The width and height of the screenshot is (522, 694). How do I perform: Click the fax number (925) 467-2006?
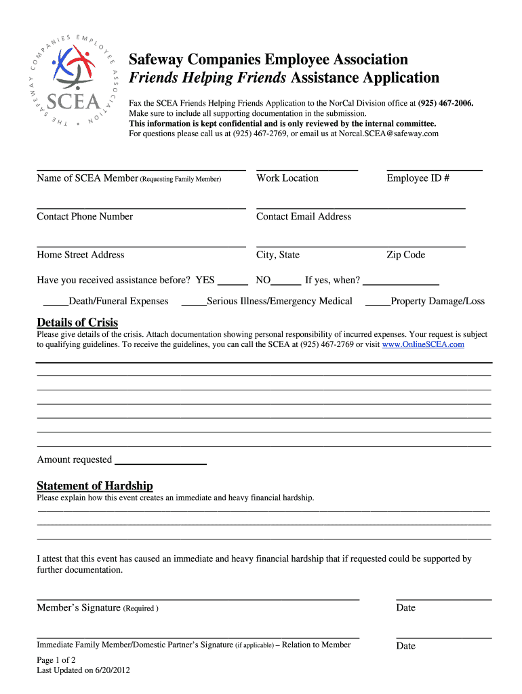point(445,103)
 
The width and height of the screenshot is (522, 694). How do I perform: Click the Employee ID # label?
point(418,178)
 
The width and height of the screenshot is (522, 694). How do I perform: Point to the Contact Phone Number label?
point(85,217)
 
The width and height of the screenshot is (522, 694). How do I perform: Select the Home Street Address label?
point(81,255)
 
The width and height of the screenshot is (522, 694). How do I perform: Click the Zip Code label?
point(405,255)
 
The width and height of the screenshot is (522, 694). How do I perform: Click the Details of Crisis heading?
point(77,323)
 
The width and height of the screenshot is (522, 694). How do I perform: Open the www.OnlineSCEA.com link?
point(423,344)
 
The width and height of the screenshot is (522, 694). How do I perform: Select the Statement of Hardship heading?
point(95,486)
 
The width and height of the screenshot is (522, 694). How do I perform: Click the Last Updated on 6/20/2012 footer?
point(83,670)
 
